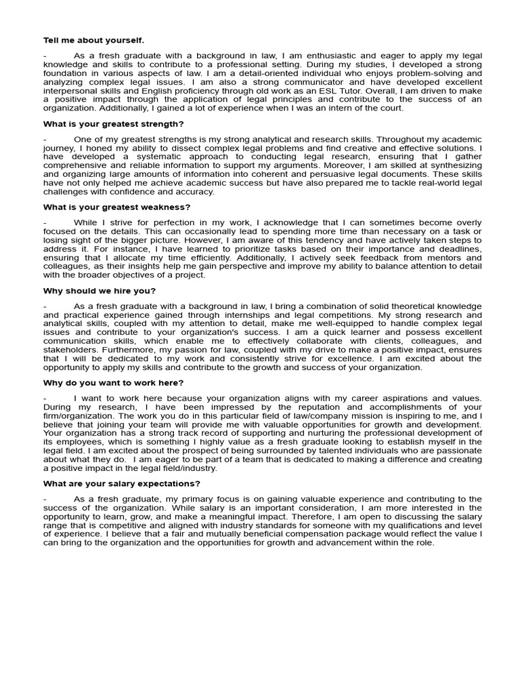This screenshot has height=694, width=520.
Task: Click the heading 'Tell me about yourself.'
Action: click(93, 41)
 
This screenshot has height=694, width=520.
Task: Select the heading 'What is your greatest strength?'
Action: click(113, 124)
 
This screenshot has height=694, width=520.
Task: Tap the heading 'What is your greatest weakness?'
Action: click(116, 207)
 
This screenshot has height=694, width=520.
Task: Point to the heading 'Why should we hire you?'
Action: click(100, 291)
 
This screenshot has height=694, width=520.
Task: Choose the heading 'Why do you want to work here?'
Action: click(113, 383)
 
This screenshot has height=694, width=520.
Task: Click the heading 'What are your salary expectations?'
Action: click(122, 483)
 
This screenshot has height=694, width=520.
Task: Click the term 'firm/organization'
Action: click(77, 415)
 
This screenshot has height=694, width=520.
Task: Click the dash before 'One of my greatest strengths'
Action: click(45, 139)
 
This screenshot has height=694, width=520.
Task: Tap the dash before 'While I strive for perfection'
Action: click(45, 222)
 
